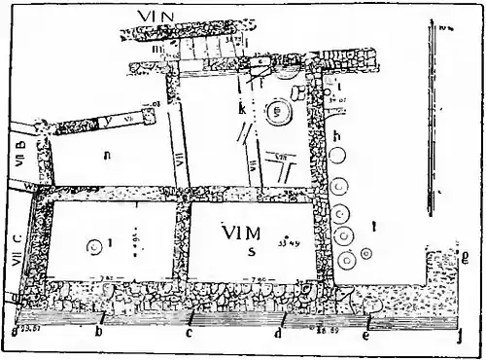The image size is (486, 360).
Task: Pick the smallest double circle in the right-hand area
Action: pos(364,253)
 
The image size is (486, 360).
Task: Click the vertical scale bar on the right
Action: pos(428,117)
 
